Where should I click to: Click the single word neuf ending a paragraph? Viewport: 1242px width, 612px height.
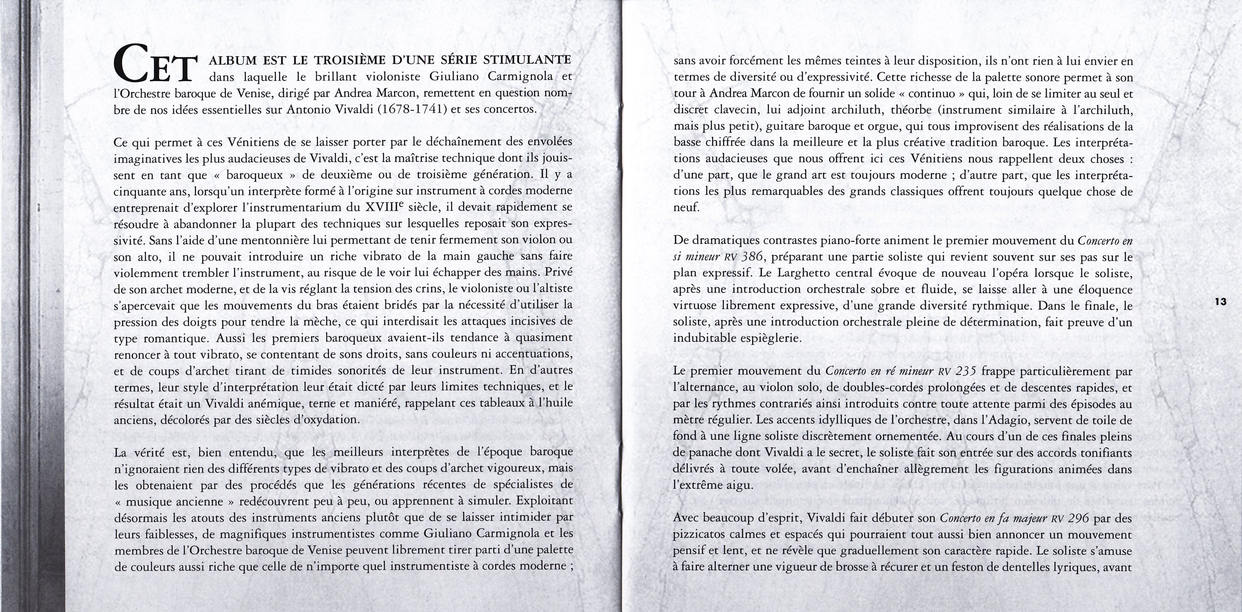[x=686, y=207]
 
